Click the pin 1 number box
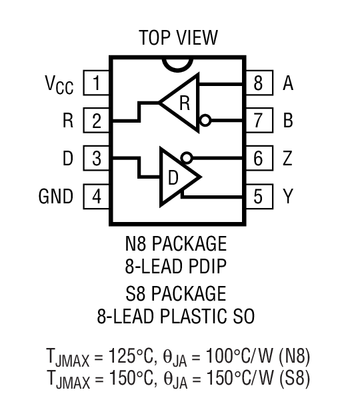coord(97,84)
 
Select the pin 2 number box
coord(97,121)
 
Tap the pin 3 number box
coord(97,159)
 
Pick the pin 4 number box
coord(97,197)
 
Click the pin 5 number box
coord(257,197)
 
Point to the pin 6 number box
coord(257,159)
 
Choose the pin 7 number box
coord(257,121)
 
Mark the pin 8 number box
coord(257,84)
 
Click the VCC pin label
coord(59,85)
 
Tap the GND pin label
coord(56,197)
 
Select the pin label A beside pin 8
coord(287,84)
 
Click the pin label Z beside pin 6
coord(287,159)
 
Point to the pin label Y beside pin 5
coord(287,197)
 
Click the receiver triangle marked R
coord(183,103)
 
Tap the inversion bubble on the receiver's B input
coord(205,121)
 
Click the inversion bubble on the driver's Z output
coord(187,159)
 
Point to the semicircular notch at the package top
coord(177,64)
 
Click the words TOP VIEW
coord(177,37)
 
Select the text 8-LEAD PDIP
coord(176,267)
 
